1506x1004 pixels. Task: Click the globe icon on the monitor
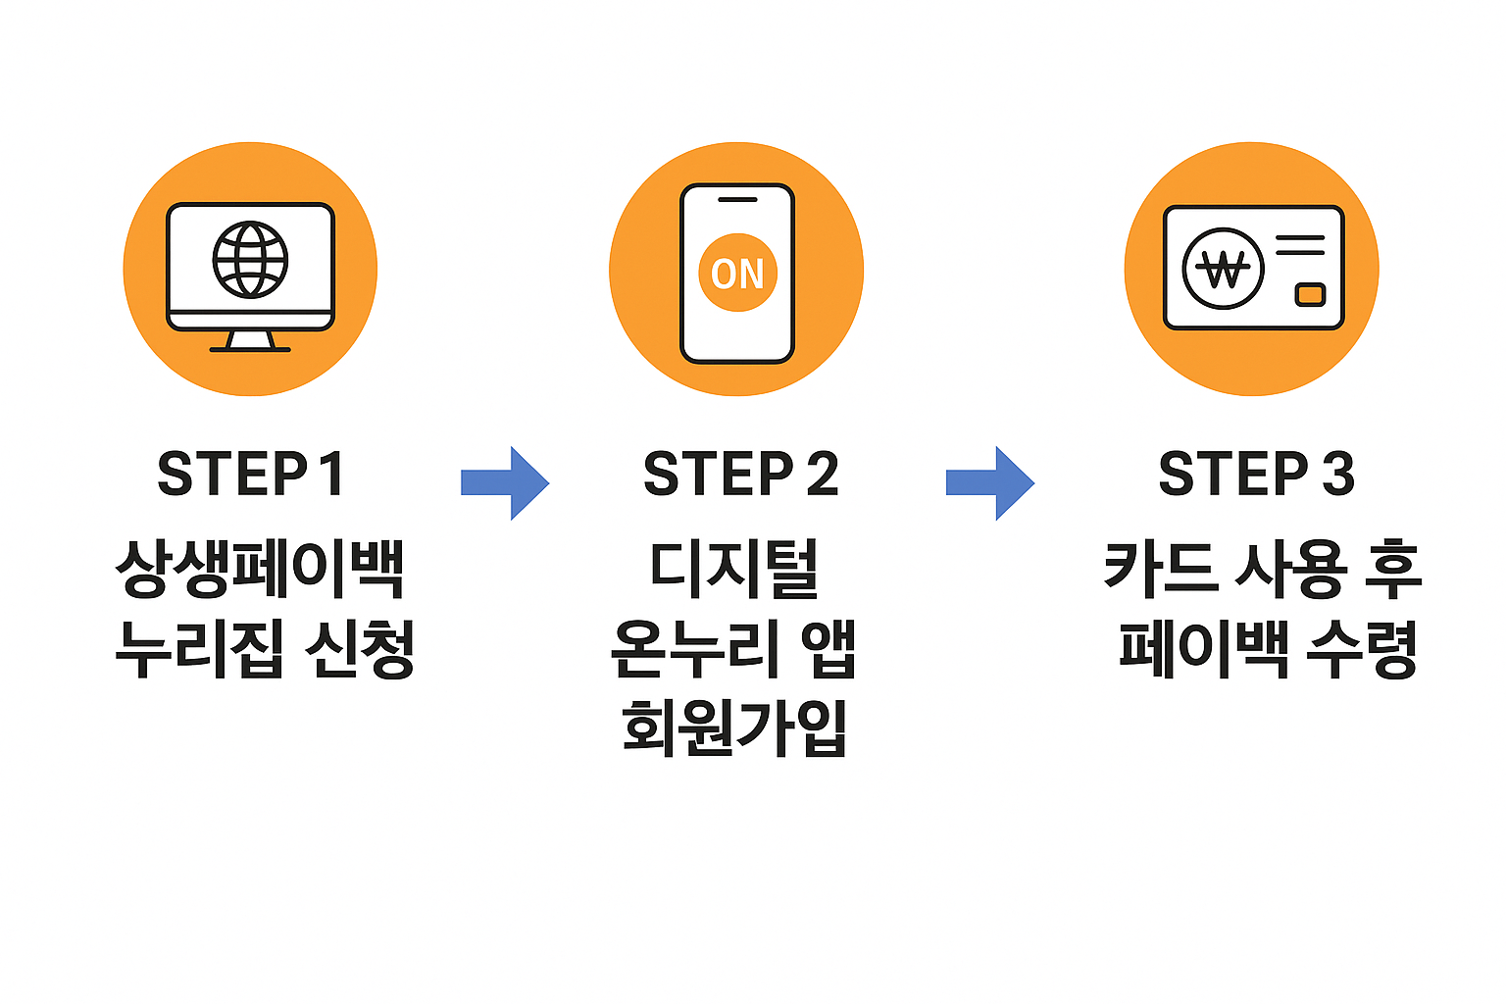[x=250, y=260]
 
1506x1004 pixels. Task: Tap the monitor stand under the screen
[x=250, y=342]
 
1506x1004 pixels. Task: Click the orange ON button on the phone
[x=737, y=273]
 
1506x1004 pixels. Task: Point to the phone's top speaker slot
[x=737, y=200]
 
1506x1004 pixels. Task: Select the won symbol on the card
[x=1223, y=269]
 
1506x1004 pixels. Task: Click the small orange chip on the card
[x=1310, y=294]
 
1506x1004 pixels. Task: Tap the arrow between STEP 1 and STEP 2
[x=505, y=482]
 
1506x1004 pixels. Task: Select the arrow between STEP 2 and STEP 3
[x=990, y=482]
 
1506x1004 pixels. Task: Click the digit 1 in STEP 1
[x=330, y=475]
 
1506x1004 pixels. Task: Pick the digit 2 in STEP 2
[x=822, y=475]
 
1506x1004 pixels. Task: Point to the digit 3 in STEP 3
[x=1337, y=475]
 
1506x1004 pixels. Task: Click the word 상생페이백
[x=260, y=569]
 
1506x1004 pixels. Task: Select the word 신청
[x=360, y=649]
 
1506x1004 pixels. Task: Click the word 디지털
[x=734, y=569]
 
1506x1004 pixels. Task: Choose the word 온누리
[x=686, y=649]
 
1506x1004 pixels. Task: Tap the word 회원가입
[x=734, y=728]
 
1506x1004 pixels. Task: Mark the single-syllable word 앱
[x=829, y=649]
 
